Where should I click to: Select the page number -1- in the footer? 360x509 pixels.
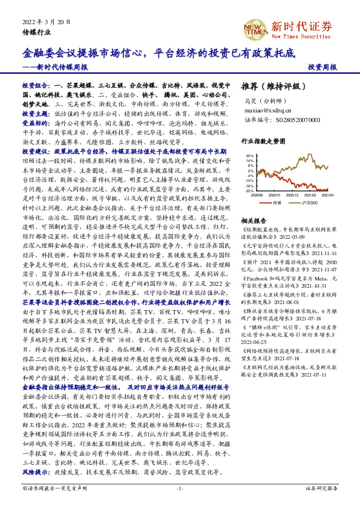(x=180, y=488)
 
